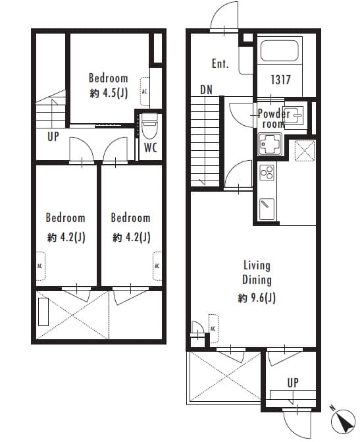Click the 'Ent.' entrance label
click(220, 64)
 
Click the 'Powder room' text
click(273, 119)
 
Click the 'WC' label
click(151, 148)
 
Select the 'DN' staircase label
click(206, 90)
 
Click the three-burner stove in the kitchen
click(267, 173)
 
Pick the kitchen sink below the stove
click(267, 209)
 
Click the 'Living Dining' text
click(257, 273)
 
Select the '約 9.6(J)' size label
click(257, 298)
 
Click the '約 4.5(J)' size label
click(109, 93)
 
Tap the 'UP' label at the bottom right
click(292, 382)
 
